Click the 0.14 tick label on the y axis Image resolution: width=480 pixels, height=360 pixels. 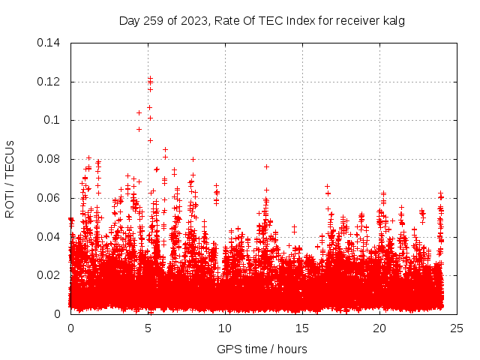[x=50, y=42]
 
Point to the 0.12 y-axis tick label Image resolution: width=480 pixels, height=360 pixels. [x=50, y=81]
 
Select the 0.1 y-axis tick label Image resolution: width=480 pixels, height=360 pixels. [x=53, y=120]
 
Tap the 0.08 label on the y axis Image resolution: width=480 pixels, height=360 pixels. [x=50, y=159]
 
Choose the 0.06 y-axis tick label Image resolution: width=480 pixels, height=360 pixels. [x=50, y=198]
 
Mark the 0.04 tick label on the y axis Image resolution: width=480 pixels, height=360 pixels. [x=50, y=237]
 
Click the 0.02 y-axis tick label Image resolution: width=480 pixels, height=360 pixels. [x=50, y=275]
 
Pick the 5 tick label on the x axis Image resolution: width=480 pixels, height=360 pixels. [x=148, y=328]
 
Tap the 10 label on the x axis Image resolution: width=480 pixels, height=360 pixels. [x=225, y=328]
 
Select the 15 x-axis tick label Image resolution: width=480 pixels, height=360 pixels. [x=302, y=328]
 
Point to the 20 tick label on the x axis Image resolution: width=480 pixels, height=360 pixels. [x=379, y=328]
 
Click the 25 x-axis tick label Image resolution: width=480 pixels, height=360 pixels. [x=457, y=328]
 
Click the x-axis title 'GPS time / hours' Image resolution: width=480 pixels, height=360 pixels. [x=262, y=349]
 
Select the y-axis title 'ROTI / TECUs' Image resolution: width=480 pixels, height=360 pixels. [x=10, y=178]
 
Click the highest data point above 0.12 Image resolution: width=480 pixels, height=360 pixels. [x=150, y=77]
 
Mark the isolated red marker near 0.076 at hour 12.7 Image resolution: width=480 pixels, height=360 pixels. [x=266, y=166]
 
